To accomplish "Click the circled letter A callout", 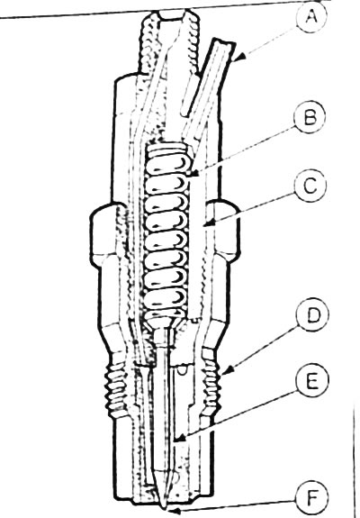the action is point(311,17).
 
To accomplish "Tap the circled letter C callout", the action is point(310,186).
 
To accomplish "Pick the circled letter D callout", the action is point(312,315).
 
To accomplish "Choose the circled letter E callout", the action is point(312,381).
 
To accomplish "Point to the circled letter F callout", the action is point(311,499).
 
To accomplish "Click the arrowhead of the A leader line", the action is point(242,57).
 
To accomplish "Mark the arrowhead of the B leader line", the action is point(195,173).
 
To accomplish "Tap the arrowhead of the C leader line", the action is point(208,223).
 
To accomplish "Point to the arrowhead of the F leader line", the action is point(175,512).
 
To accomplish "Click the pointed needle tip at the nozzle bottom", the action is point(164,507).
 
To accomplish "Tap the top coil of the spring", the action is point(169,149).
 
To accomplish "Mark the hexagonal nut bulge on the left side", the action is point(103,232).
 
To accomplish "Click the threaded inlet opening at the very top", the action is point(171,15).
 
